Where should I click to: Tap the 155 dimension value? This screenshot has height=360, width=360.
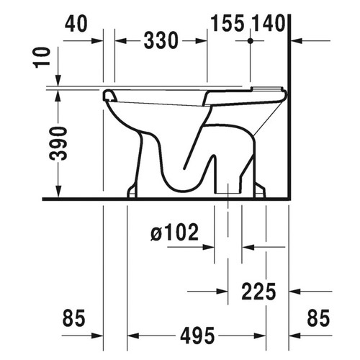[x=228, y=24]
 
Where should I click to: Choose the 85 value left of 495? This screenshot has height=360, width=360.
[x=74, y=318]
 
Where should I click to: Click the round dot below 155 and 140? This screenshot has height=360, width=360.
[x=251, y=42]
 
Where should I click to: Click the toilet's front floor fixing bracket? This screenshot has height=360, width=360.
[x=132, y=191]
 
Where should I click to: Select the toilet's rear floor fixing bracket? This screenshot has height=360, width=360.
[x=260, y=191]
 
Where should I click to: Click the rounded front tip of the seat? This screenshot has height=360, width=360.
[x=109, y=94]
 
